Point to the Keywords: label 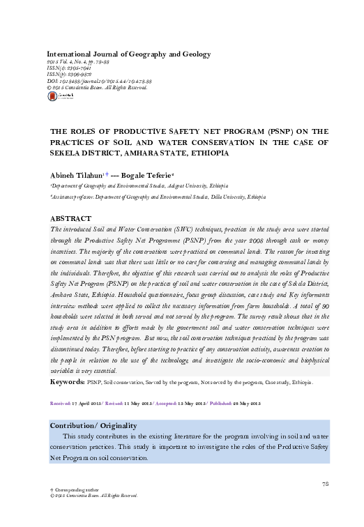pos(67,383)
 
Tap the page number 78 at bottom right pos(324,483)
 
